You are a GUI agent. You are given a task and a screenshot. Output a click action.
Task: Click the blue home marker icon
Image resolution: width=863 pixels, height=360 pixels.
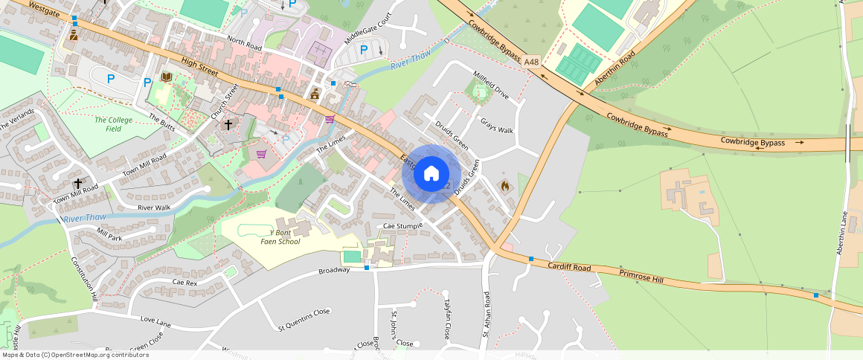pos(431,174)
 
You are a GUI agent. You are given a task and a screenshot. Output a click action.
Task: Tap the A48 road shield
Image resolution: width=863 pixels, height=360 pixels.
pos(531,62)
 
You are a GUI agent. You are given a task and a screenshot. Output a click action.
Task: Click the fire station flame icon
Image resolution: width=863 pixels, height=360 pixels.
pos(505,185)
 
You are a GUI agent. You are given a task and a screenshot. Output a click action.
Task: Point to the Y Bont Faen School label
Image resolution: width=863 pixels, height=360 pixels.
pos(280,236)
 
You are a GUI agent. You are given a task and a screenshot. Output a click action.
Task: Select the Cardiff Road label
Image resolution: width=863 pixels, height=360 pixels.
pos(569,266)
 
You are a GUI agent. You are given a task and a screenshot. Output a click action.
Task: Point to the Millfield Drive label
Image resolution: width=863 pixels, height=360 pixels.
pos(492,85)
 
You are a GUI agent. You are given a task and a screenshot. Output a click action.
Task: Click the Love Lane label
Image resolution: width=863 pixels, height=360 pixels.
pos(155,322)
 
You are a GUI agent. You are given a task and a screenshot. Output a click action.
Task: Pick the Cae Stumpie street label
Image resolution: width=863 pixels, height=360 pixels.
pos(402,225)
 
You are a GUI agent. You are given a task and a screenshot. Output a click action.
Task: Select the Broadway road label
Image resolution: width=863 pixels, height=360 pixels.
pos(334,270)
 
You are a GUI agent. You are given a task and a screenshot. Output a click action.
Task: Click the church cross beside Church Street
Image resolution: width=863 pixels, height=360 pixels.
pos(228,124)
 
